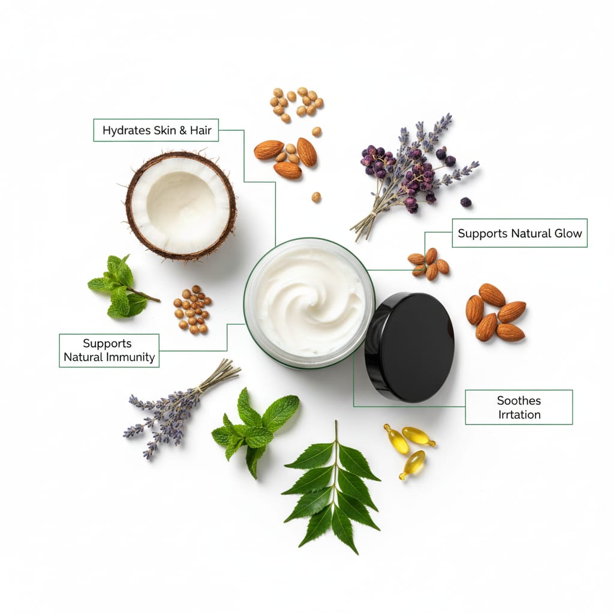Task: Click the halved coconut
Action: (181, 206)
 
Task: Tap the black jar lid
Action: (410, 347)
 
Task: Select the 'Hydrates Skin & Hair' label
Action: (156, 130)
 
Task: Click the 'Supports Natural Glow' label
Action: (520, 233)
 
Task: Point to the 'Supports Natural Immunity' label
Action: (109, 350)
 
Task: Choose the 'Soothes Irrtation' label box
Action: (519, 407)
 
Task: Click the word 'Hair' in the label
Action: (200, 130)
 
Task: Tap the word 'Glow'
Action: (568, 233)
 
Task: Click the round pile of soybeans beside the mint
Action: (192, 310)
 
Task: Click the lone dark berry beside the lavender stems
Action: (465, 202)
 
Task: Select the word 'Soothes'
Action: (519, 401)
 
